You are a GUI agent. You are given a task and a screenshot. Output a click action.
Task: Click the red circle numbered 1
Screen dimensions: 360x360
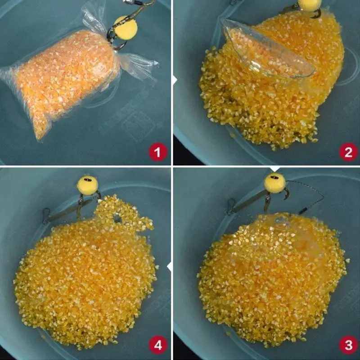pos(158,152)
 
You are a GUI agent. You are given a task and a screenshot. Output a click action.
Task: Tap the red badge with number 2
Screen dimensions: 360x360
pos(348,152)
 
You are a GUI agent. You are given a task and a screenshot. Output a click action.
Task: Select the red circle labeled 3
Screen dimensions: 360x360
pos(348,345)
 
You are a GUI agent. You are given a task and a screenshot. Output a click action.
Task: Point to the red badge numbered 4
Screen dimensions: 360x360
pos(158,345)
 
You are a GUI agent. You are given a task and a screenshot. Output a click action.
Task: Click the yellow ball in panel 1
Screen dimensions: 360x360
pos(126,27)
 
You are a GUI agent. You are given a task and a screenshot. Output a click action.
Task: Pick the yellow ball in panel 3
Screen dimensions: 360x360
pos(274,183)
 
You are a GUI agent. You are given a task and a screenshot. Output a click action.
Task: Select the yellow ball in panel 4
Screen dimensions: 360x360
pos(88,185)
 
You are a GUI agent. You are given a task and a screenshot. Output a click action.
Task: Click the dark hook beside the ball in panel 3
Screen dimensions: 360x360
pos(286,193)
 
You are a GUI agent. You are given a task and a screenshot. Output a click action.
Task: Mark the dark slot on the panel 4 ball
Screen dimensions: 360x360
pos(88,180)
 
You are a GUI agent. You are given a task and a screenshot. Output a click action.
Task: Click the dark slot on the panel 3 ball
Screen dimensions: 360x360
pos(274,177)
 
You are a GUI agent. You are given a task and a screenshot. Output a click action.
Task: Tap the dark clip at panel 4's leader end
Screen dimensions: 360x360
pos(46,216)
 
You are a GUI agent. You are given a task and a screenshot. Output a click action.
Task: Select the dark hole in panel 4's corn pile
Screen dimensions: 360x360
pos(117,218)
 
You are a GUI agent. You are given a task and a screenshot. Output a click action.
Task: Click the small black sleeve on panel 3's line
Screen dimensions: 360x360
pos(303,210)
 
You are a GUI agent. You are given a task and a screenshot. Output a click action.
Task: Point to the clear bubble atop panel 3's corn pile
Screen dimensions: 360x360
pos(280,220)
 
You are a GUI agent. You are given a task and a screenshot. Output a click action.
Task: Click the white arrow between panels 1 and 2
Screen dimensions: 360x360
pos(175,81)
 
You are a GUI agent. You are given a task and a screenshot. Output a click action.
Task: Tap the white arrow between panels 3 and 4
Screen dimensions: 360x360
pos(169,267)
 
